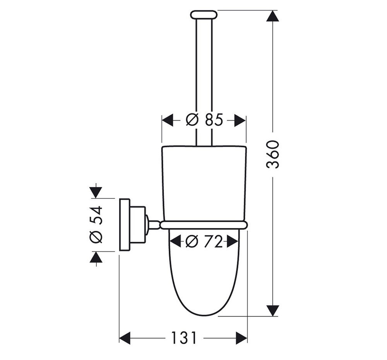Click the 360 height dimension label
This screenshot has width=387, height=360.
pos(273,155)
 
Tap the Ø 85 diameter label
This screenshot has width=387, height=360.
pos(204,120)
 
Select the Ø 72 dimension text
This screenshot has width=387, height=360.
pos(204,241)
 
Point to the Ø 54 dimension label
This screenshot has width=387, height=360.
pos(96,225)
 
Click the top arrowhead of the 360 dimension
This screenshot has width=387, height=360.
pos(273,16)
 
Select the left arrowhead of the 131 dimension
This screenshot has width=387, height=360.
pos(125,338)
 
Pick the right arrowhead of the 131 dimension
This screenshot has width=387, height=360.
pos(241,338)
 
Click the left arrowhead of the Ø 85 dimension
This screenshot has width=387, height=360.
pos(168,120)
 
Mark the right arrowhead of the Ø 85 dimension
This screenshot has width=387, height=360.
pos(240,120)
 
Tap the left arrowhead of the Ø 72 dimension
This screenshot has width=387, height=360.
pos(176,241)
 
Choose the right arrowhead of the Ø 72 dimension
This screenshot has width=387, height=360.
pos(233,241)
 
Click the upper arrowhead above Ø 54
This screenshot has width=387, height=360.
pos(96,192)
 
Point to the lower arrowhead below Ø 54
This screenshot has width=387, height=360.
pos(96,257)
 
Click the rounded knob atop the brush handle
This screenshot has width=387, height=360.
pos(204,15)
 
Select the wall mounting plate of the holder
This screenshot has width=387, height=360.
pos(125,224)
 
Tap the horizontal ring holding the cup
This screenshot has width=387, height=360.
pos(204,225)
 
